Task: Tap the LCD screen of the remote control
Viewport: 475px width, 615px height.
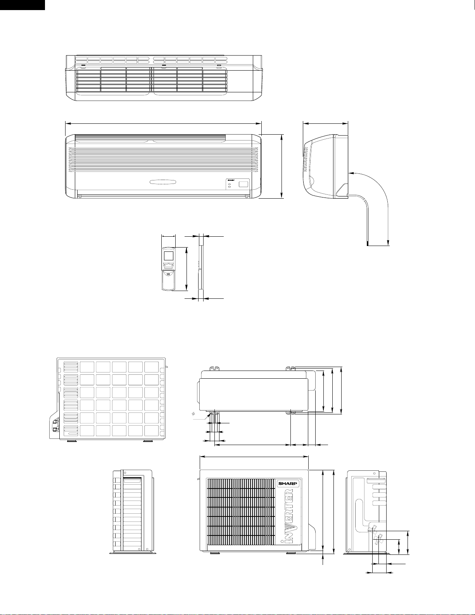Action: point(169,256)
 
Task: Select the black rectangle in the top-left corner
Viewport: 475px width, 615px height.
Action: point(22,4)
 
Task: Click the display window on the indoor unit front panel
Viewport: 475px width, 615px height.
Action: point(243,184)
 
